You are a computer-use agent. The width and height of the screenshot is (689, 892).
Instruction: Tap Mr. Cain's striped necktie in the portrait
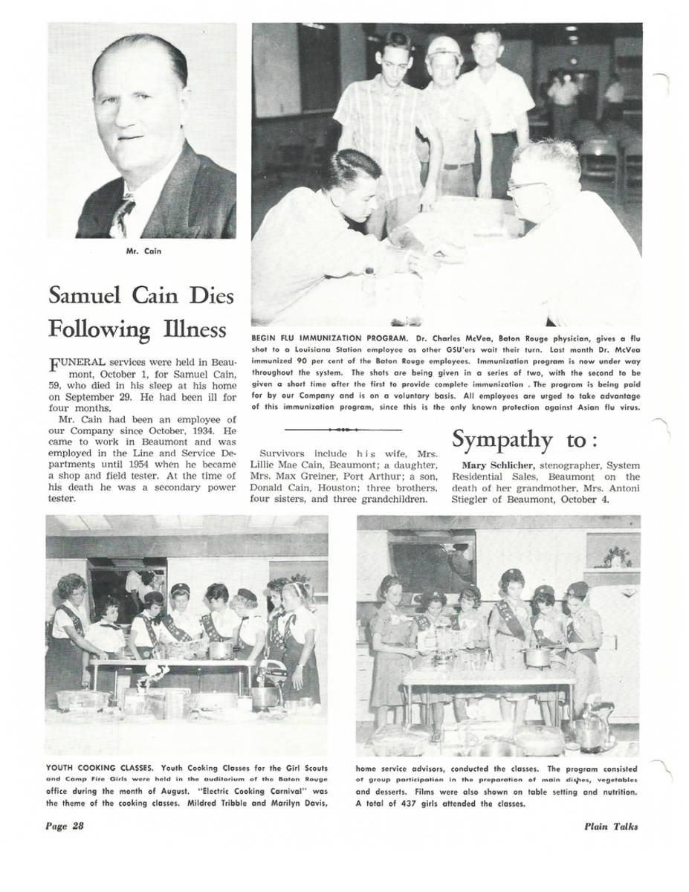coord(120,216)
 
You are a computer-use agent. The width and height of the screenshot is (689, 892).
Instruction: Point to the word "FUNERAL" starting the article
coord(77,362)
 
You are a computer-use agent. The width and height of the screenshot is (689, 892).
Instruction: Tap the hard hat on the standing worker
coord(444,48)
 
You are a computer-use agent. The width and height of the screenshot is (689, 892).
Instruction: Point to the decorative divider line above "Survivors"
coord(343,430)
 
